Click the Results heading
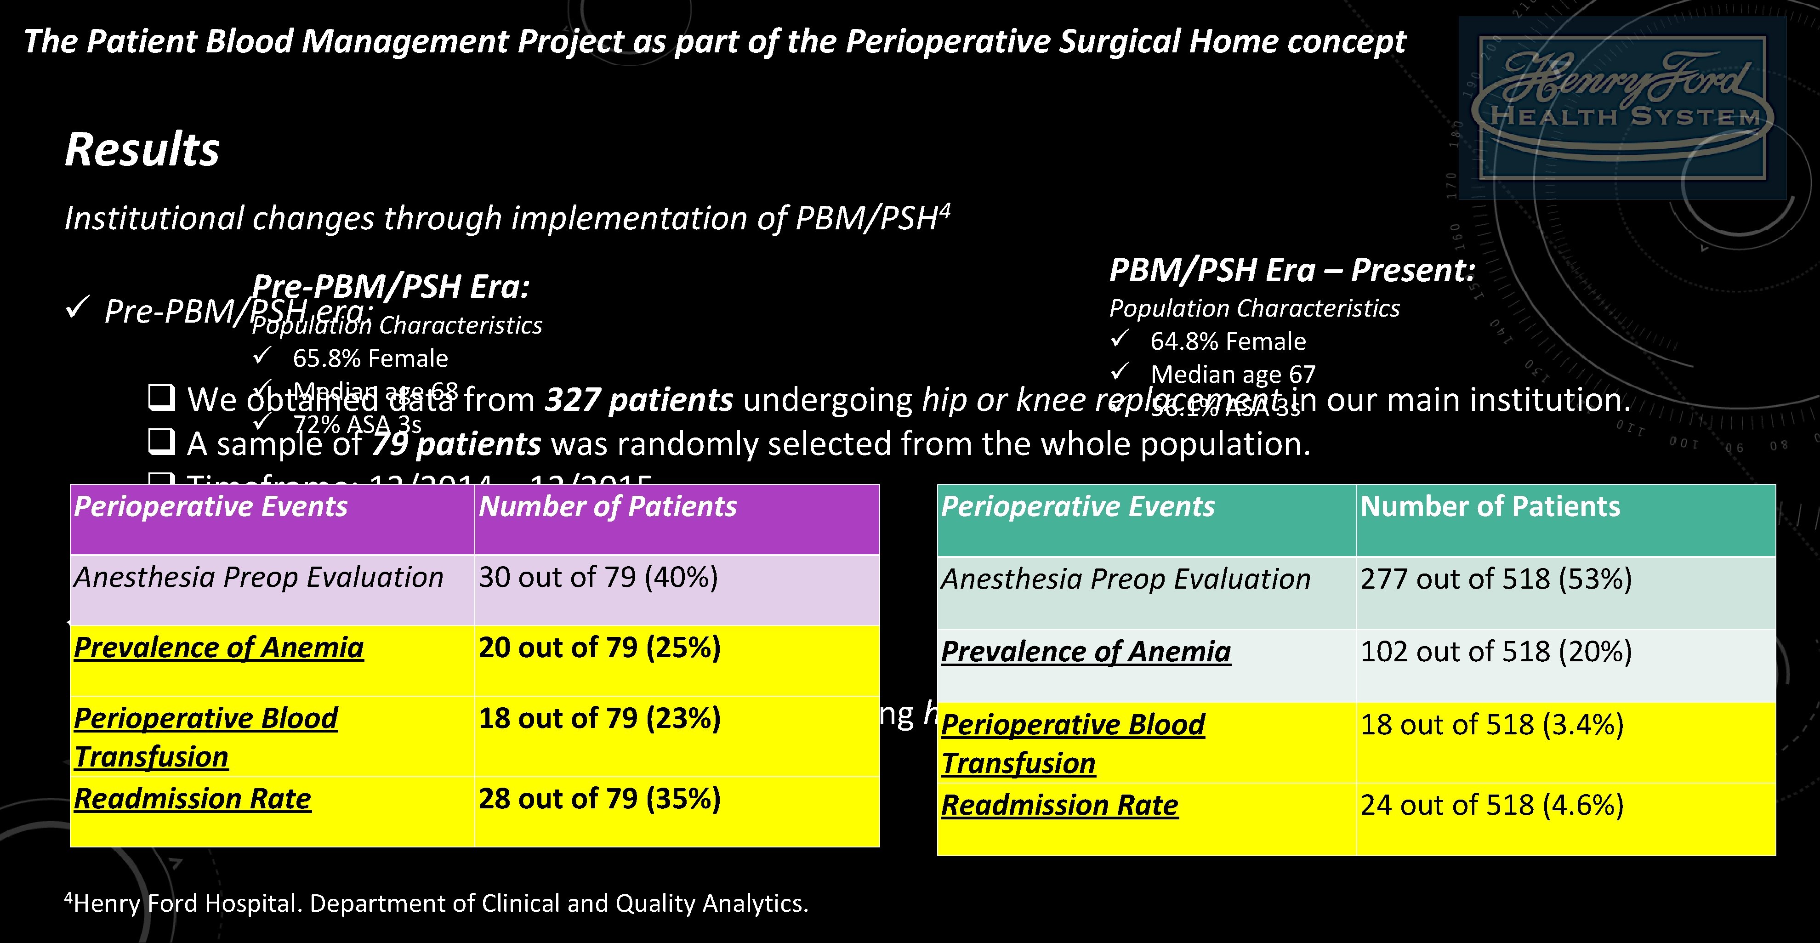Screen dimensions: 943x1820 142,150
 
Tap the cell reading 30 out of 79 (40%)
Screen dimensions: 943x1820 598,578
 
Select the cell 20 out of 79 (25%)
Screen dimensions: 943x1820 599,648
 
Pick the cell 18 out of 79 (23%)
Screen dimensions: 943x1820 599,718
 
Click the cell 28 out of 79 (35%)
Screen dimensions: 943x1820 599,799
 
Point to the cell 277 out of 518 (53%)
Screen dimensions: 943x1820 1496,579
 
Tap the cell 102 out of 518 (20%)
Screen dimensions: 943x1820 1496,651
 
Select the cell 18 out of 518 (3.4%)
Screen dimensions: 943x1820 1491,725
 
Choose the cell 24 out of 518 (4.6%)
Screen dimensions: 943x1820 1491,805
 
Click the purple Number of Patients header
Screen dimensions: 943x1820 607,507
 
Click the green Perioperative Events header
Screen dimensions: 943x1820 1077,507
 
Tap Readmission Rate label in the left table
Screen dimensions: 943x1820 192,799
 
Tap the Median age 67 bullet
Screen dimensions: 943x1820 1232,374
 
